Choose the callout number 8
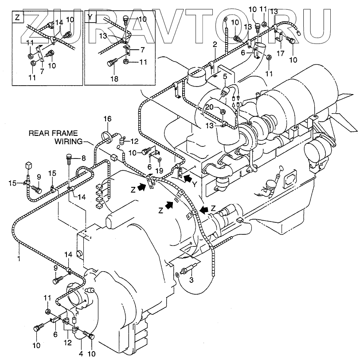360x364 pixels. click(x=83, y=158)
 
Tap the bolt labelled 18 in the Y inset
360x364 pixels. click(x=111, y=63)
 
